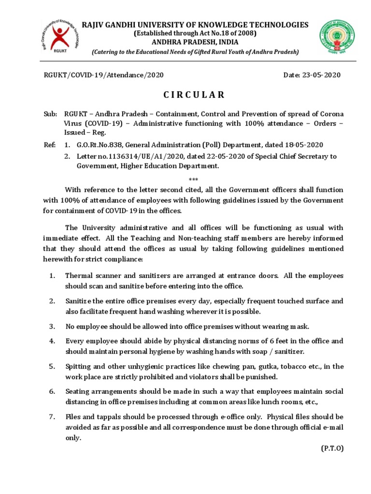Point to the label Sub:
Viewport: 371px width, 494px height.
49,114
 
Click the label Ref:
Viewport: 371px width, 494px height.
49,145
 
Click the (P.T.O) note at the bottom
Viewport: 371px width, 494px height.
332,448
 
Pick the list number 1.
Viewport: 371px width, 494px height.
52,276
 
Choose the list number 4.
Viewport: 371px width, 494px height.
52,341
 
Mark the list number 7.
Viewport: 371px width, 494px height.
52,416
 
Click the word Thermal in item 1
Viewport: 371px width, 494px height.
78,276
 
